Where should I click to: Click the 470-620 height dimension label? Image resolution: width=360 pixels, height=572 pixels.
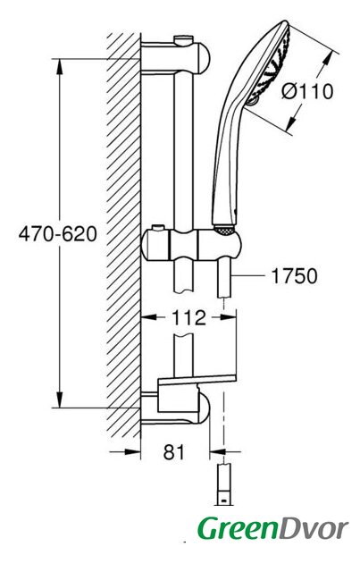click(x=58, y=234)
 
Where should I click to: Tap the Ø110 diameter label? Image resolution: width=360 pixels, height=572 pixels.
click(x=307, y=91)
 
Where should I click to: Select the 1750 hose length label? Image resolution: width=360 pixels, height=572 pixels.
click(x=294, y=276)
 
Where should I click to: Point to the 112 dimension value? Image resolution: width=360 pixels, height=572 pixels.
click(x=188, y=318)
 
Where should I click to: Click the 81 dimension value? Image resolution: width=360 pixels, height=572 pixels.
click(x=174, y=452)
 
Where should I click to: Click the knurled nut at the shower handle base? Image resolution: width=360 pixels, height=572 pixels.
click(x=223, y=231)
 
